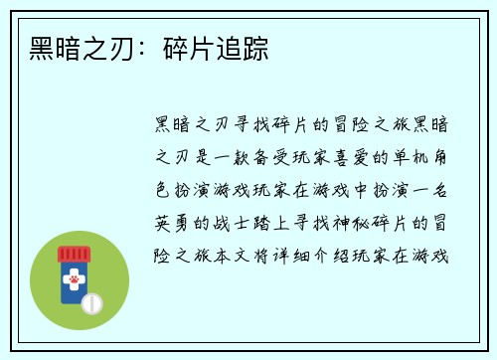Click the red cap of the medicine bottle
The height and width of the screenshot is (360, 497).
click(72, 253)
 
